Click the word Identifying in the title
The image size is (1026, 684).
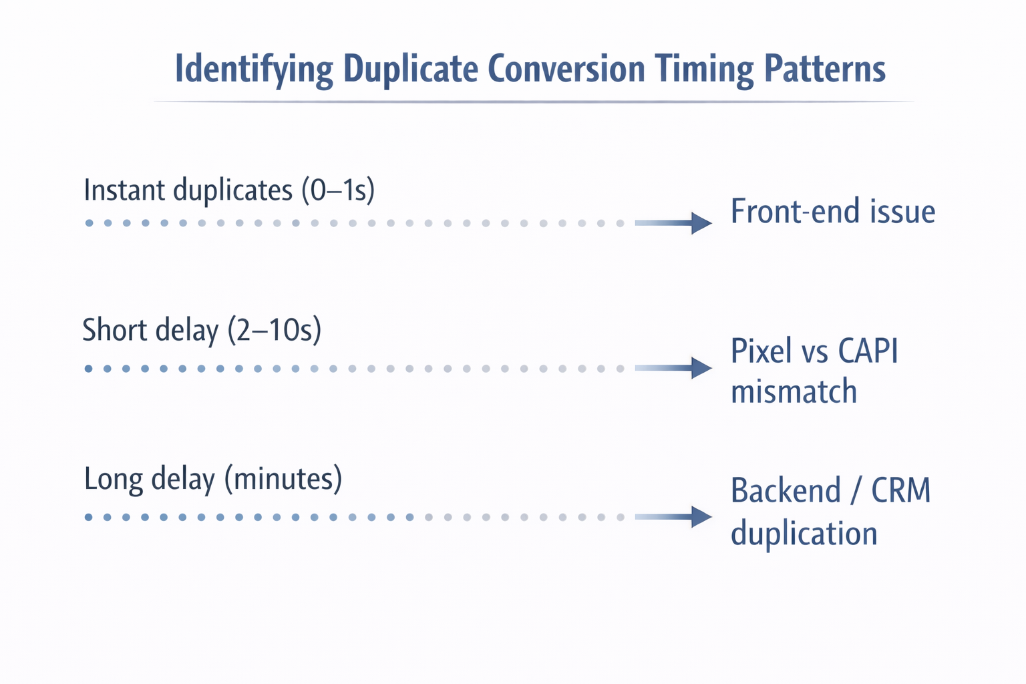coord(254,69)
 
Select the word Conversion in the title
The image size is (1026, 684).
coord(566,68)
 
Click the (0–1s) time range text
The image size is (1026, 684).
coord(338,191)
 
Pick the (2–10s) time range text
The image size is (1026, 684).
coord(275,331)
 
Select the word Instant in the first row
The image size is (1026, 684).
coord(124,190)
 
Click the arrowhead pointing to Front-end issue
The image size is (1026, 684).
coord(701,223)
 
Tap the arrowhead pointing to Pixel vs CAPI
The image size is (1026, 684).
coord(701,368)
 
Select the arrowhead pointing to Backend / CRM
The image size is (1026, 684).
coord(701,517)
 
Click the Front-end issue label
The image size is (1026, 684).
coord(832,212)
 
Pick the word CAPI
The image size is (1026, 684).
coord(868,351)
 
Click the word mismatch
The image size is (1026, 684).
coord(794,391)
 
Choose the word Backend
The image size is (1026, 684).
coord(786,491)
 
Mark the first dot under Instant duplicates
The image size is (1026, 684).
coord(89,223)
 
